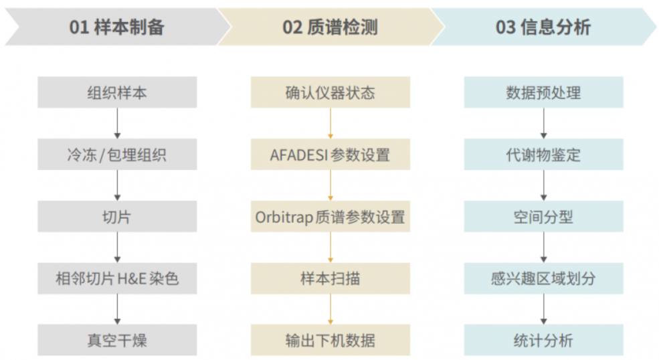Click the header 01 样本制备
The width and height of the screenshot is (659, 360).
(117, 27)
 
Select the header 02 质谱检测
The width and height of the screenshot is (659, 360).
(331, 27)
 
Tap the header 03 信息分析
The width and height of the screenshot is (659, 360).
(543, 27)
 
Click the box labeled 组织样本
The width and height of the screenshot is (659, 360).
(117, 92)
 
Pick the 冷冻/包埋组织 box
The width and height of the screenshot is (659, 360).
(117, 155)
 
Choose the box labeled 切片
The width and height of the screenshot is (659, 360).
(117, 216)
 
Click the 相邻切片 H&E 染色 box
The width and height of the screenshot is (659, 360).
(117, 278)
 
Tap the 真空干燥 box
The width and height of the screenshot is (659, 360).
(117, 340)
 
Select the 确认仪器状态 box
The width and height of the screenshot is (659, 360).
(331, 92)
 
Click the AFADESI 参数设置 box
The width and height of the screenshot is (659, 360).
(331, 155)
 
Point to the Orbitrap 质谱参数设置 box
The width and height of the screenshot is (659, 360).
(331, 216)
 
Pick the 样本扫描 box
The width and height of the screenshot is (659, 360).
(331, 278)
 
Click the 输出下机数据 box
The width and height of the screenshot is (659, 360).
(331, 340)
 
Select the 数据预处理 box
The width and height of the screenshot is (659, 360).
(543, 92)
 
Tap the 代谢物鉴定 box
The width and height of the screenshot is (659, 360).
(543, 155)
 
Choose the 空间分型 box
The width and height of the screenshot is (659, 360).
(543, 216)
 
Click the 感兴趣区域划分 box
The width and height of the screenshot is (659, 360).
(543, 278)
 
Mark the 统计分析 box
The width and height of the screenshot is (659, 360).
(543, 340)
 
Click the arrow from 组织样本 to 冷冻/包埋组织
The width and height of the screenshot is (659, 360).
(117, 123)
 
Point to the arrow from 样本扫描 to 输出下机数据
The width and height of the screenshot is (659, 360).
(331, 309)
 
